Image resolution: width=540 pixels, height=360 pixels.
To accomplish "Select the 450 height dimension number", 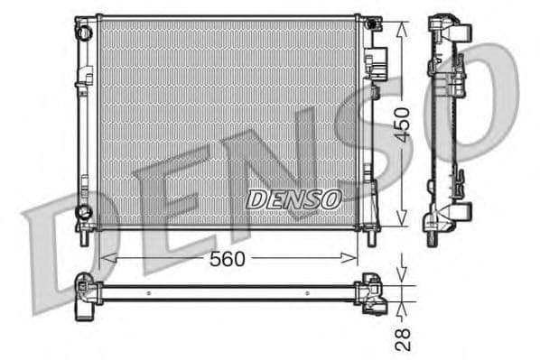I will [x=402, y=121].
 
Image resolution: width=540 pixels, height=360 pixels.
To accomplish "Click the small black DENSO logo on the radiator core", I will [x=293, y=198].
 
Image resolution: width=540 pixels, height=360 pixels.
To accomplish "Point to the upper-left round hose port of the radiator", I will [x=84, y=32].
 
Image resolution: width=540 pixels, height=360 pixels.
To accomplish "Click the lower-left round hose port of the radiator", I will [x=84, y=213].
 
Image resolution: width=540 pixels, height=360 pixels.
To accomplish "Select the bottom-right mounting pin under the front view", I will [x=371, y=237].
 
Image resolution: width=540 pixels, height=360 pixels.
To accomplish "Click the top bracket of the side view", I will [x=449, y=27].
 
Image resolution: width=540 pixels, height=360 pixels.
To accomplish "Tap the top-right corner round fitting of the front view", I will [x=369, y=22].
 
